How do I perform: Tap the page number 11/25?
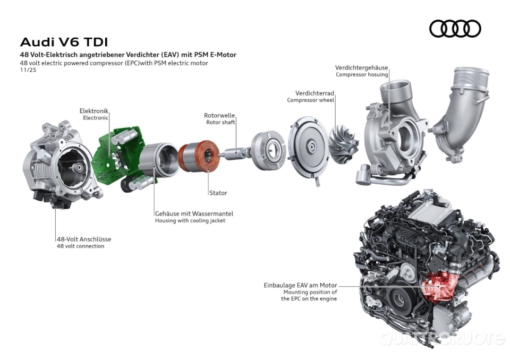[x=26, y=70]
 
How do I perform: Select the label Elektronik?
[x=94, y=110]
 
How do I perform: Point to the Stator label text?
[x=218, y=193]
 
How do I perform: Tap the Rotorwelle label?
[x=219, y=115]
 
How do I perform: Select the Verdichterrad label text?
[x=316, y=92]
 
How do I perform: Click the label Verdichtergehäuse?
[x=361, y=68]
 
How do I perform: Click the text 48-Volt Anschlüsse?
[x=84, y=239]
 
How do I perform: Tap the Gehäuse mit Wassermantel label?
[x=194, y=213]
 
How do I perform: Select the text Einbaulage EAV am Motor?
[x=300, y=285]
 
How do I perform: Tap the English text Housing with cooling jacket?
[x=190, y=220]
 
